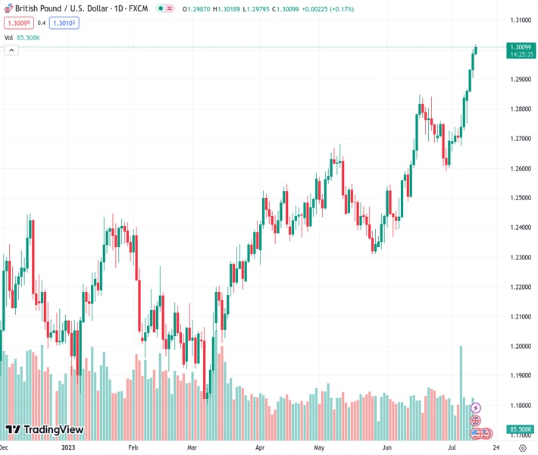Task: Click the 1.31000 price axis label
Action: pyautogui.click(x=519, y=20)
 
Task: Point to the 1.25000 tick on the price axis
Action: pyautogui.click(x=519, y=198)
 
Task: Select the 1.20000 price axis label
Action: pyautogui.click(x=519, y=347)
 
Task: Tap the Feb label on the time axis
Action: pyautogui.click(x=133, y=447)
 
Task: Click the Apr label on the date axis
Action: pyautogui.click(x=261, y=447)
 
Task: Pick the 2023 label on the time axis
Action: pyautogui.click(x=67, y=447)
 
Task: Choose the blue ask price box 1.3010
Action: pyautogui.click(x=65, y=23)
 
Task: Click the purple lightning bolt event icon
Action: pyautogui.click(x=476, y=408)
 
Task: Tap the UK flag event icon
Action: pyautogui.click(x=476, y=421)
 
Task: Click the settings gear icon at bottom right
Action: pyautogui.click(x=523, y=447)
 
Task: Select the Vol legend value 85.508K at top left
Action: pyautogui.click(x=28, y=37)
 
